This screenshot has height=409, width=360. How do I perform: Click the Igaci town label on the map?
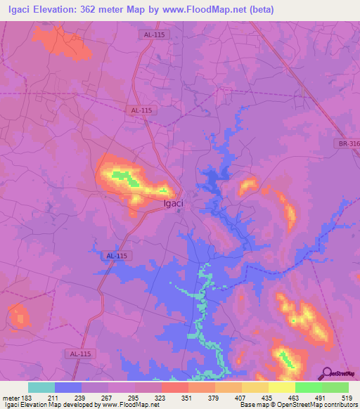click(x=174, y=204)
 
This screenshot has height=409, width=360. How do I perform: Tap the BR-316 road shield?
click(x=348, y=143)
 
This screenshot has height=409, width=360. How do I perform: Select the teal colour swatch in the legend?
click(x=41, y=387)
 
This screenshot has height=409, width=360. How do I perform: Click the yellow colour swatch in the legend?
click(x=281, y=387)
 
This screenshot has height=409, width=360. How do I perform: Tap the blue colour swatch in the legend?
click(x=68, y=387)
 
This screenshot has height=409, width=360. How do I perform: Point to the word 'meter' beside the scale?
click(x=11, y=397)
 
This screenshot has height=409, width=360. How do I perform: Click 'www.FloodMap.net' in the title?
click(x=210, y=10)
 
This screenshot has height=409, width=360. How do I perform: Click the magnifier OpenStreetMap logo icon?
click(x=326, y=373)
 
